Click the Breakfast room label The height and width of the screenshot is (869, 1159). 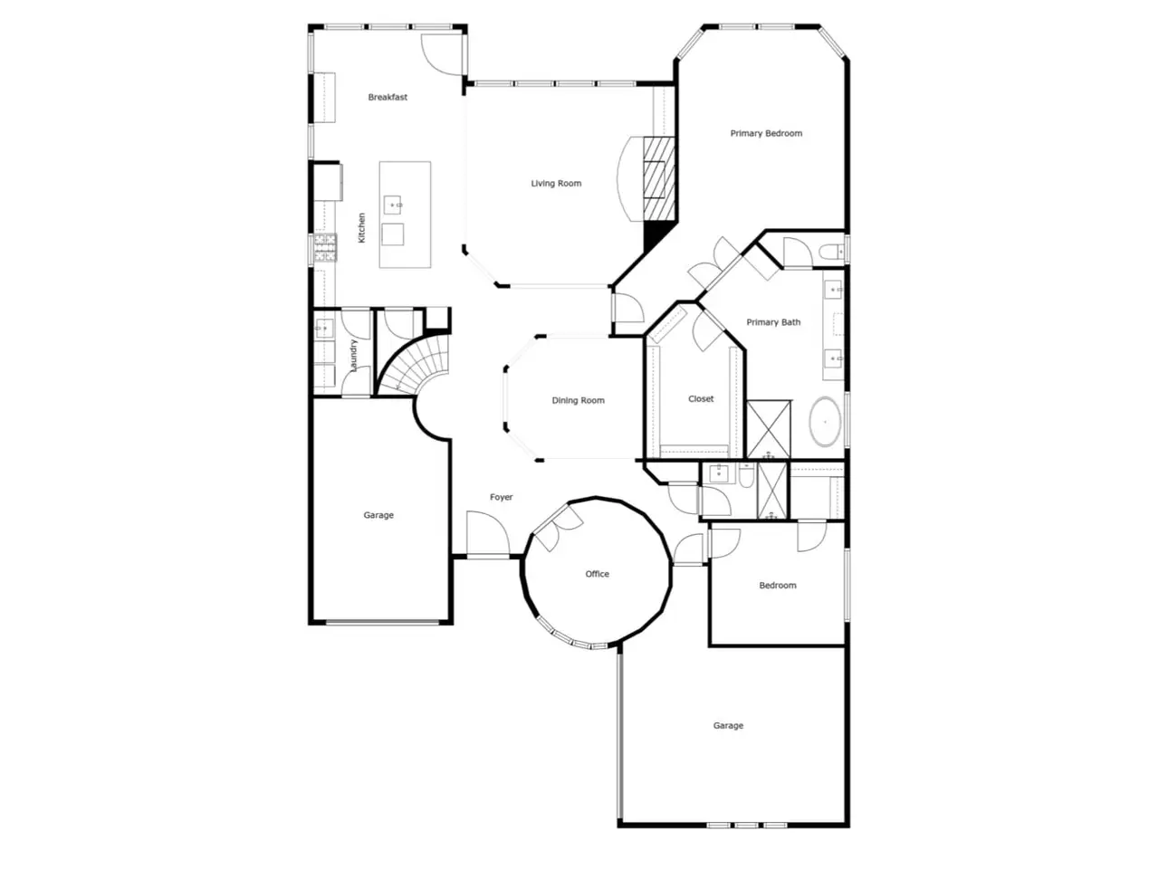(x=387, y=97)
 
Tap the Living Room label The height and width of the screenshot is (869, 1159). (x=555, y=184)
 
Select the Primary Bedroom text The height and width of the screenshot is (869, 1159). (x=766, y=133)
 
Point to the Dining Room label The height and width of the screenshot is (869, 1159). (x=578, y=400)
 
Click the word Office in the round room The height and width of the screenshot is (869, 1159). (x=597, y=574)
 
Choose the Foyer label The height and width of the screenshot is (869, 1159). (x=501, y=497)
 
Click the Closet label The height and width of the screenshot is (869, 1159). (x=701, y=399)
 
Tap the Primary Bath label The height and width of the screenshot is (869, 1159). (x=773, y=322)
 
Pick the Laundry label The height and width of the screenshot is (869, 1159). (x=353, y=355)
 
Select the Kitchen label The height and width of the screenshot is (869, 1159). (x=361, y=228)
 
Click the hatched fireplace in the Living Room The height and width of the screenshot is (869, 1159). (x=659, y=179)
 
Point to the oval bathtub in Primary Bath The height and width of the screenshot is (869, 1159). (x=825, y=422)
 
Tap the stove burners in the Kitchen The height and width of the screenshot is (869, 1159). (x=325, y=248)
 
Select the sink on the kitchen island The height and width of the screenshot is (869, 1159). (x=392, y=205)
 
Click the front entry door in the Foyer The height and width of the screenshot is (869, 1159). (x=488, y=533)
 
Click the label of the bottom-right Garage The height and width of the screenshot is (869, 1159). (x=728, y=725)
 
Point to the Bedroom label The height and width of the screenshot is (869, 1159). (x=777, y=585)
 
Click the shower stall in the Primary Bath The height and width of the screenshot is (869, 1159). (x=769, y=429)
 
